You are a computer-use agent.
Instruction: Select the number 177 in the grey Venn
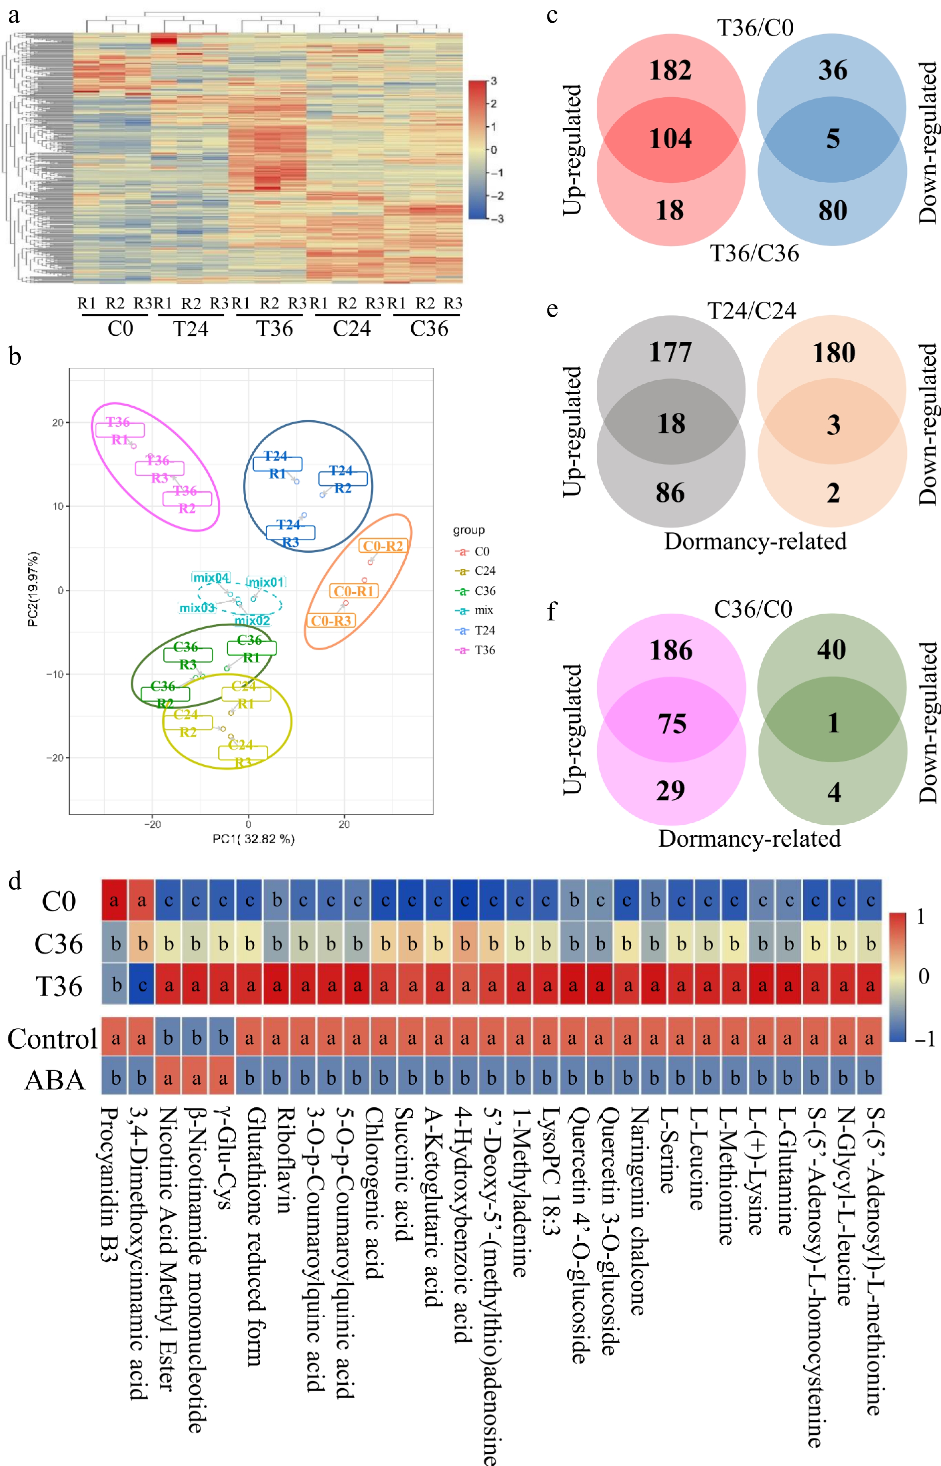coord(670,353)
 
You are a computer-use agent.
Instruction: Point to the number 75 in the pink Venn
coord(672,724)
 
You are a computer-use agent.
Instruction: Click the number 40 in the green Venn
coord(831,650)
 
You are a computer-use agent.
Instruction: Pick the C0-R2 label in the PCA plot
coord(383,546)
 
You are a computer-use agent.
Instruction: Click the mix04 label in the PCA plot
coord(211,577)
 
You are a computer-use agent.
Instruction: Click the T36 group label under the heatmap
coord(274,329)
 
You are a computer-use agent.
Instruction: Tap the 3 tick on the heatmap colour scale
coord(494,80)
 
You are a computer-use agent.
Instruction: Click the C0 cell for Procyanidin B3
coord(114,900)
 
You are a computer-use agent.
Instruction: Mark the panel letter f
coord(552,610)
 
